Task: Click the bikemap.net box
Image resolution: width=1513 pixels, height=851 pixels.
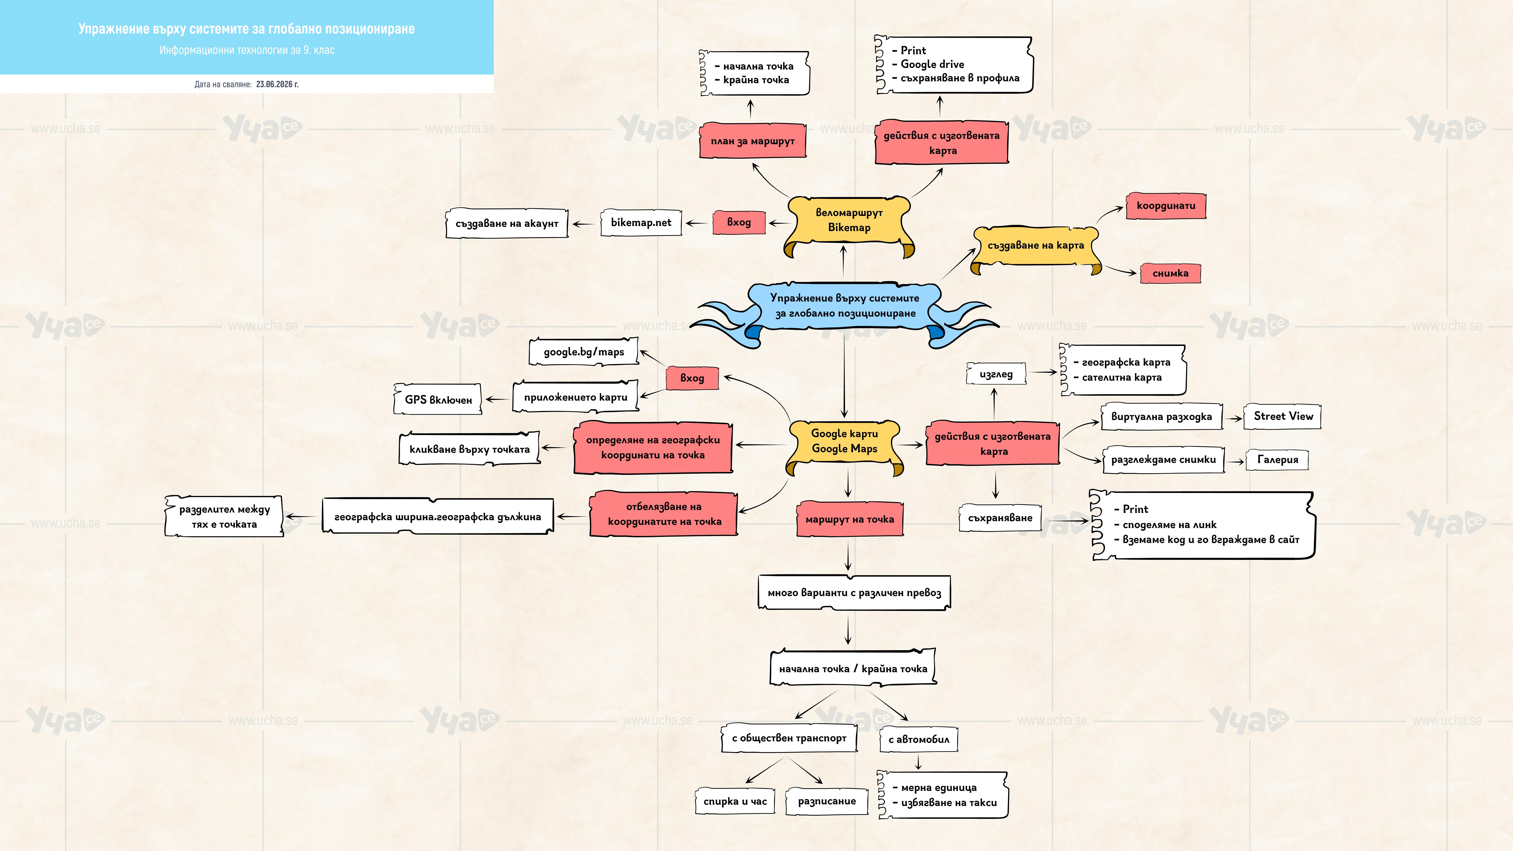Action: coord(641,223)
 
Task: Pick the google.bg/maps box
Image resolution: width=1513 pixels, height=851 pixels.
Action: coord(584,352)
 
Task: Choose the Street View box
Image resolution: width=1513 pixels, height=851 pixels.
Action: coord(1283,416)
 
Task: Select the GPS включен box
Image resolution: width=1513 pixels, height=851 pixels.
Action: coord(438,399)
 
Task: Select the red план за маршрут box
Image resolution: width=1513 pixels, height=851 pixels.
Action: coord(752,141)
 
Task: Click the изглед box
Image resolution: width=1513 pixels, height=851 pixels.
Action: coord(996,374)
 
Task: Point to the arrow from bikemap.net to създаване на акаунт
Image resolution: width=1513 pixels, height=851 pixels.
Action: coord(583,224)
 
